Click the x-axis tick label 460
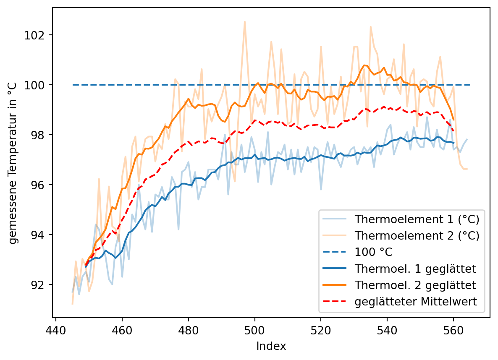(122, 328)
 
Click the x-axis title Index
(271, 346)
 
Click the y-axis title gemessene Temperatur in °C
(13, 162)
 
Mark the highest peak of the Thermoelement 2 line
(245, 21)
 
